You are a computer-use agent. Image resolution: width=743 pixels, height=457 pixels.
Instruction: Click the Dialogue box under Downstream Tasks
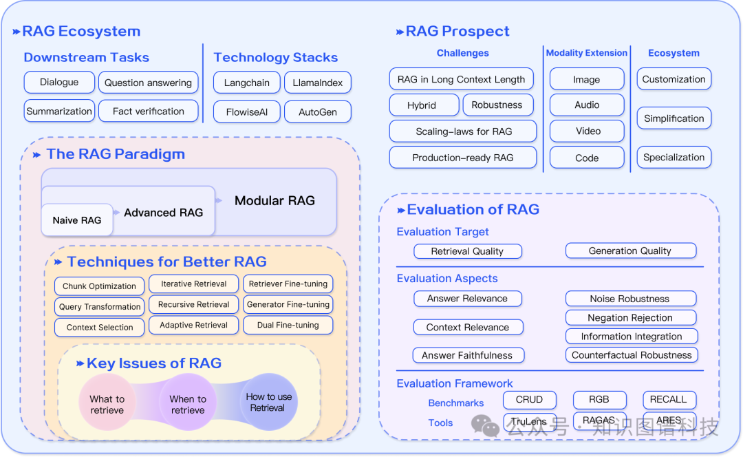point(59,82)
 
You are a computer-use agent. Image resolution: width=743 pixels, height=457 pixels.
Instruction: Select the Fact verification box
point(149,111)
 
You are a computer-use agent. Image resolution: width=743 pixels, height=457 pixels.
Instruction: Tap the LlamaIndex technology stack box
point(318,83)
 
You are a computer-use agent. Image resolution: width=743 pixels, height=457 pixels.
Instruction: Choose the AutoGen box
point(318,111)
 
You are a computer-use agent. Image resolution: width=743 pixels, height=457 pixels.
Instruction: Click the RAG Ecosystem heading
point(81,31)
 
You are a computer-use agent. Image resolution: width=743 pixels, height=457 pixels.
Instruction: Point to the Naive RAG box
point(77,220)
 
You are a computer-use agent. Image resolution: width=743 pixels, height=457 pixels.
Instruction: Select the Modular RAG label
point(274,201)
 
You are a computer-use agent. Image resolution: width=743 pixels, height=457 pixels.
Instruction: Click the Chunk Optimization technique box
point(99,286)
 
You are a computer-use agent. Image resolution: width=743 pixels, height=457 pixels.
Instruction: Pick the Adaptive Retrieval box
point(193,325)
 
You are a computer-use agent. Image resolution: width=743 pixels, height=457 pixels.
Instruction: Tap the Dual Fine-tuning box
point(288,325)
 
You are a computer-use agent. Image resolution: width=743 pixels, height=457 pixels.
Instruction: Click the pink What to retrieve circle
point(107,405)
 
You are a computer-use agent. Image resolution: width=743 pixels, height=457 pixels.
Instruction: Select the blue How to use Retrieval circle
point(268,402)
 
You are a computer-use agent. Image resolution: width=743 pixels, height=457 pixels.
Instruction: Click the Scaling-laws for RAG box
point(464,131)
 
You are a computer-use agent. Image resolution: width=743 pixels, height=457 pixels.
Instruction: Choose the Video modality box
point(587,131)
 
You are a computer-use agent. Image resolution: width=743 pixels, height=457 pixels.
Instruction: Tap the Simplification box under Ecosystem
point(674,118)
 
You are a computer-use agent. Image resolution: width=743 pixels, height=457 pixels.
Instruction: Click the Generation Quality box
point(630,251)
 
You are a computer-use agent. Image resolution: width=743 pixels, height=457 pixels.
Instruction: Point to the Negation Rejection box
point(630,317)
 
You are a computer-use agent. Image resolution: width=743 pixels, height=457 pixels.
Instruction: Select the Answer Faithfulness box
point(468,355)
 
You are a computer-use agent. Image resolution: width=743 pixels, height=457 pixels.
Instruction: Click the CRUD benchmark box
point(529,399)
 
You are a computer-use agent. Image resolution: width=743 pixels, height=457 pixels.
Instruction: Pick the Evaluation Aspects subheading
point(447,279)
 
